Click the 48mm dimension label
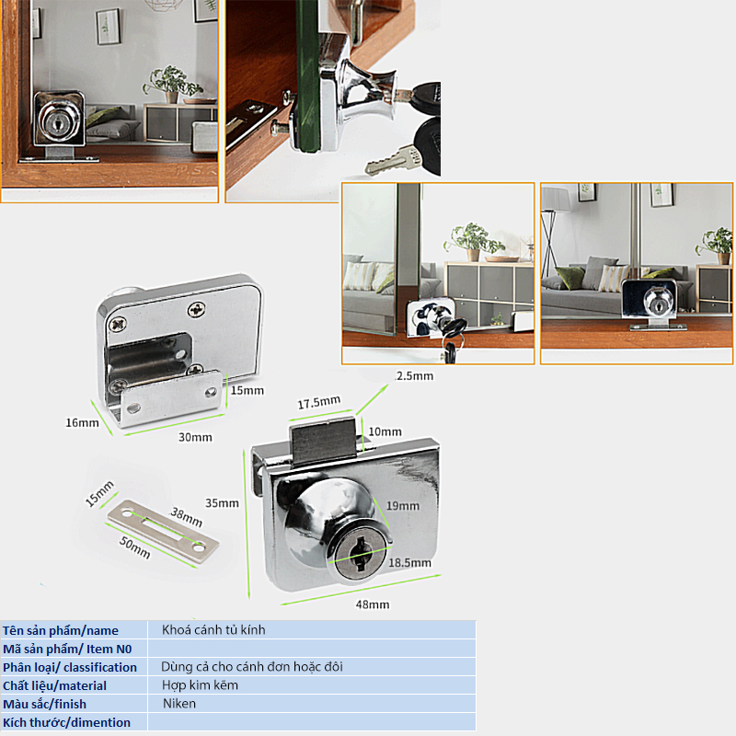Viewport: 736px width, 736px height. (373, 604)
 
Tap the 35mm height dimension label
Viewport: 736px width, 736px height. (222, 503)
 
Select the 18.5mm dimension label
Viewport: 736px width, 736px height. (409, 563)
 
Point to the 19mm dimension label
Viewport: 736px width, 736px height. (403, 505)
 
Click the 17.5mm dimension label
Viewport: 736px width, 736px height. (319, 402)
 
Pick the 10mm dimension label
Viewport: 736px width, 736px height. (385, 431)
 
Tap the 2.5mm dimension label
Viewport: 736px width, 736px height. (415, 376)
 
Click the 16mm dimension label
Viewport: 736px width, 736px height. (82, 423)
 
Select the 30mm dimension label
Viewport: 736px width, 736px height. (195, 438)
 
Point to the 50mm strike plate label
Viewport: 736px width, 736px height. (134, 547)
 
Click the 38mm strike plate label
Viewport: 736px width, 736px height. (187, 517)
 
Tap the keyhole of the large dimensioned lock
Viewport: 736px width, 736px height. (360, 555)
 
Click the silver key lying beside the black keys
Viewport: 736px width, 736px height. (394, 160)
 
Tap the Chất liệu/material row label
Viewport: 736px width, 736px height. (55, 685)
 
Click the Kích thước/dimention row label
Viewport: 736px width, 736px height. (66, 723)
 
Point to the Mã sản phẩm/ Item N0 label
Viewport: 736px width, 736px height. (67, 650)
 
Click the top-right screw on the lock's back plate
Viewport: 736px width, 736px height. (196, 309)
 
